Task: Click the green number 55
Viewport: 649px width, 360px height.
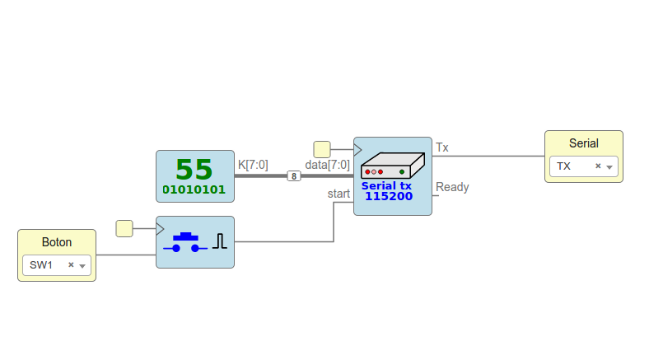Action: click(x=194, y=169)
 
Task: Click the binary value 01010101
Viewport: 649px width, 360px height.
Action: click(x=194, y=190)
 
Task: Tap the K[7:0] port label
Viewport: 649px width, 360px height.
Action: click(x=253, y=165)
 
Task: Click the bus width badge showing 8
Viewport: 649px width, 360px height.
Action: click(x=294, y=175)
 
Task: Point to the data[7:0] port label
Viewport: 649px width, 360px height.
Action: click(x=327, y=165)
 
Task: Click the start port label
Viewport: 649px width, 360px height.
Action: click(x=339, y=194)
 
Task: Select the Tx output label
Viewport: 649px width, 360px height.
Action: click(x=442, y=147)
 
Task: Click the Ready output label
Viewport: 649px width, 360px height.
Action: click(x=452, y=187)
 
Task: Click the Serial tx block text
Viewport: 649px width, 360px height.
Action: click(x=386, y=186)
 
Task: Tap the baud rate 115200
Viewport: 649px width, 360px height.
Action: click(x=389, y=197)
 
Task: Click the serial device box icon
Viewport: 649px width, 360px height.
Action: click(x=392, y=165)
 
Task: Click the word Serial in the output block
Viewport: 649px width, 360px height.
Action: click(x=583, y=143)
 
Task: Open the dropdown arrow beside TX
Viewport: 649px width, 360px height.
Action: click(x=609, y=167)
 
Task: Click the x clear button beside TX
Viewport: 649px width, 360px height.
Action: click(x=598, y=166)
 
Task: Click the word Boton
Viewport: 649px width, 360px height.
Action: click(x=57, y=242)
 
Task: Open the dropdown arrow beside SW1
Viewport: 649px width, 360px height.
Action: click(x=82, y=266)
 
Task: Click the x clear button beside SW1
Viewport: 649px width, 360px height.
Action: click(x=71, y=265)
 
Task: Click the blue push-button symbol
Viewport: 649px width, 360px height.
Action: click(x=185, y=242)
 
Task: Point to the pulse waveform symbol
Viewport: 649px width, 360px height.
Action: click(x=219, y=241)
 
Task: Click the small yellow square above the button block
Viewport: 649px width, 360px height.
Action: click(x=124, y=228)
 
